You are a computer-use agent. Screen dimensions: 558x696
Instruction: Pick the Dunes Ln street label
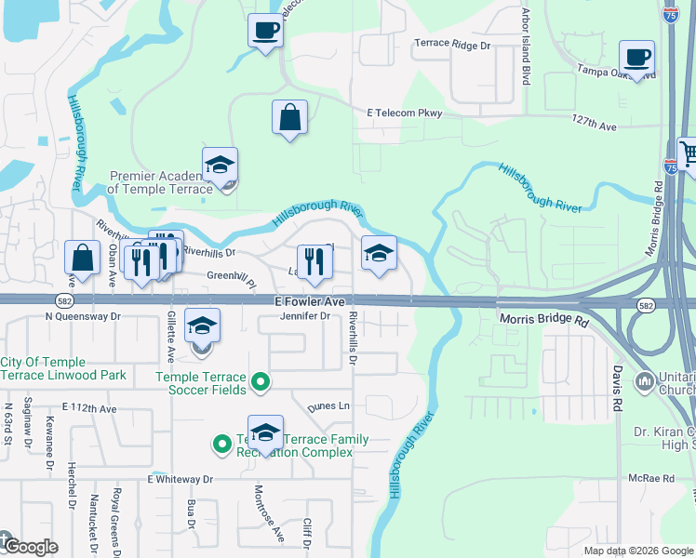coord(330,405)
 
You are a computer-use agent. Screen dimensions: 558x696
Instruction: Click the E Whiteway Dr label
coord(180,479)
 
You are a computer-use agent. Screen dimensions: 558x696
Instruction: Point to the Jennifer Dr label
coord(306,316)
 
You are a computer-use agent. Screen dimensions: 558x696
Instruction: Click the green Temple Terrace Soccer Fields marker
coord(261,381)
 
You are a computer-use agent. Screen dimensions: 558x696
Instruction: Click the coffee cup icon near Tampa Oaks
coord(636,57)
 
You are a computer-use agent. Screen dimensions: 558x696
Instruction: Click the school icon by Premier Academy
coord(220,165)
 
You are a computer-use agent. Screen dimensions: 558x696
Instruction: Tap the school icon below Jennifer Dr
coord(202,326)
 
